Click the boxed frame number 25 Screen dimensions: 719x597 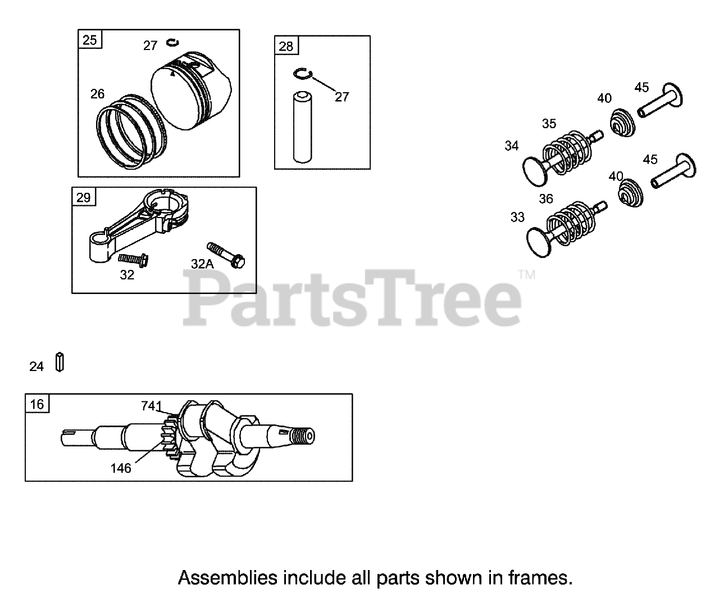pos(90,40)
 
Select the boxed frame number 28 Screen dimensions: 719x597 pos(286,46)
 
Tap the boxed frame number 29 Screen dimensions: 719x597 pos(83,197)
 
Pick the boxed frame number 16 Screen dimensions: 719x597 pos(37,404)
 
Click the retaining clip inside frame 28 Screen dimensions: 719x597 pos(303,74)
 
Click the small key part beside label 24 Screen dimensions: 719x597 pos(60,362)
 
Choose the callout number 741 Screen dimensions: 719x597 pos(151,406)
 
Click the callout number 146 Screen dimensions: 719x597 pos(121,468)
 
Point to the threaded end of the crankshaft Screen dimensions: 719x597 pos(304,436)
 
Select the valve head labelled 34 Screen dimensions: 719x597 pos(534,170)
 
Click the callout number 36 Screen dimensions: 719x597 pos(546,198)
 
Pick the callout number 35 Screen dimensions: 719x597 pos(549,123)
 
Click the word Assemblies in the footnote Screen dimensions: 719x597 pos(227,577)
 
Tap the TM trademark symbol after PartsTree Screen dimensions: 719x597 pos(526,275)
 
